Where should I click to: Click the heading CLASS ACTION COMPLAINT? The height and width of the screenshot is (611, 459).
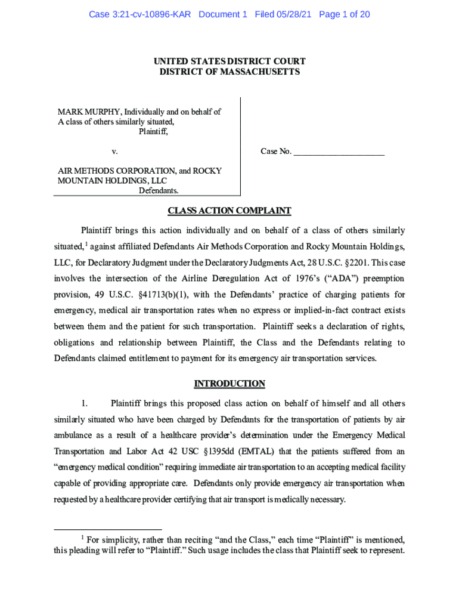click(x=229, y=211)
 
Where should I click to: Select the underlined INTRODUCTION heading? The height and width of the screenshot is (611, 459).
click(x=229, y=384)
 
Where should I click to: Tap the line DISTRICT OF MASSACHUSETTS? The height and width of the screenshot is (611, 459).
click(x=229, y=72)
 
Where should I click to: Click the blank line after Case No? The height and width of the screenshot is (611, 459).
click(x=339, y=152)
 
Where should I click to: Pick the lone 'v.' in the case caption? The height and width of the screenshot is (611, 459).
click(x=114, y=152)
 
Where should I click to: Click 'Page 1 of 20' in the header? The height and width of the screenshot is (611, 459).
click(x=345, y=14)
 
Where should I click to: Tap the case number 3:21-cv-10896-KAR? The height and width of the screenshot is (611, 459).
click(x=139, y=14)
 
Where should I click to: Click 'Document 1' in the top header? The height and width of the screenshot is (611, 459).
click(x=222, y=14)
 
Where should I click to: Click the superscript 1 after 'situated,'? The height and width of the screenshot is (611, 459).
click(x=85, y=243)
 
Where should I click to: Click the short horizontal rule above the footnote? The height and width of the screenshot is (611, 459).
click(x=107, y=529)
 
